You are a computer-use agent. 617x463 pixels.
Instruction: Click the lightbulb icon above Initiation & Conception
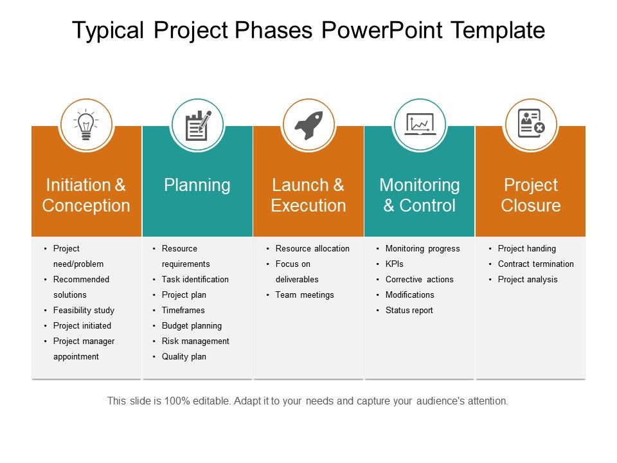pyautogui.click(x=86, y=125)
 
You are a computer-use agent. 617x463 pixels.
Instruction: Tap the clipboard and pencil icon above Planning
pyautogui.click(x=198, y=125)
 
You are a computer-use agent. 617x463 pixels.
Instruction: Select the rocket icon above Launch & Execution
pyautogui.click(x=309, y=125)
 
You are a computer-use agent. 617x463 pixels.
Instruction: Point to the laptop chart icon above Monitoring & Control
pyautogui.click(x=420, y=124)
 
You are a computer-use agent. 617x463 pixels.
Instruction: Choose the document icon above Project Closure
pyautogui.click(x=532, y=123)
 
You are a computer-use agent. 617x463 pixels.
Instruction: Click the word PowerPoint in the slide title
pyautogui.click(x=382, y=30)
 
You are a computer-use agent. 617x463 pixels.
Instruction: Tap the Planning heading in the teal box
pyautogui.click(x=197, y=185)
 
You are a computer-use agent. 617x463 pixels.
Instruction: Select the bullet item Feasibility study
pyautogui.click(x=84, y=310)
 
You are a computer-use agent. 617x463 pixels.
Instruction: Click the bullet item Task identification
pyautogui.click(x=195, y=279)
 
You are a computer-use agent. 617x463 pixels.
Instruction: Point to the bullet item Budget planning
pyautogui.click(x=192, y=325)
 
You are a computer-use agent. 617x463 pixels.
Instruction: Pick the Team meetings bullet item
pyautogui.click(x=305, y=295)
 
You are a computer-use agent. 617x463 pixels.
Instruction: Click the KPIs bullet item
pyautogui.click(x=394, y=264)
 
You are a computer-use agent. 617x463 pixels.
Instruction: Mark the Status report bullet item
pyautogui.click(x=409, y=310)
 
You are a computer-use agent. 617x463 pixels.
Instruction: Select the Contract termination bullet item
pyautogui.click(x=536, y=264)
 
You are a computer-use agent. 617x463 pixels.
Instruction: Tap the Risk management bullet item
pyautogui.click(x=195, y=341)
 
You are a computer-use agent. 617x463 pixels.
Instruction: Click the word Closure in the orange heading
pyautogui.click(x=531, y=206)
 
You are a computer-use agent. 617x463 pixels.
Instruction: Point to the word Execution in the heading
pyautogui.click(x=308, y=206)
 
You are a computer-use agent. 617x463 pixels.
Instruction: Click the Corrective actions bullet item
pyautogui.click(x=420, y=279)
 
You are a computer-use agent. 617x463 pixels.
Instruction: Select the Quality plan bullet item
pyautogui.click(x=184, y=357)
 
